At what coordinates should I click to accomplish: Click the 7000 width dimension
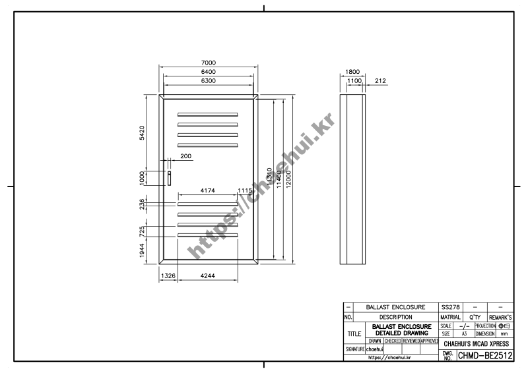click(209, 63)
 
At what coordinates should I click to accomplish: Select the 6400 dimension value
click(209, 71)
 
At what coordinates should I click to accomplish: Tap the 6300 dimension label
click(209, 80)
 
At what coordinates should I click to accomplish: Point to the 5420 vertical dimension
click(141, 132)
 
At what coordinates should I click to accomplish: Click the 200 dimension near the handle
click(185, 156)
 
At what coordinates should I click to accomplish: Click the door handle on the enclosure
click(169, 178)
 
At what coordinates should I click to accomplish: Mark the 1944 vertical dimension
click(141, 251)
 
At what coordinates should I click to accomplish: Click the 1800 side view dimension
click(352, 72)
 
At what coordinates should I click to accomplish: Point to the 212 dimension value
click(380, 80)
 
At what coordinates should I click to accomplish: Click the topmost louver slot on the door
click(207, 115)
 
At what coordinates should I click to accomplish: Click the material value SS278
click(450, 308)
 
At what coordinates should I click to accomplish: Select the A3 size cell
click(463, 334)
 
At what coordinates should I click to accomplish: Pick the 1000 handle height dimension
click(141, 178)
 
